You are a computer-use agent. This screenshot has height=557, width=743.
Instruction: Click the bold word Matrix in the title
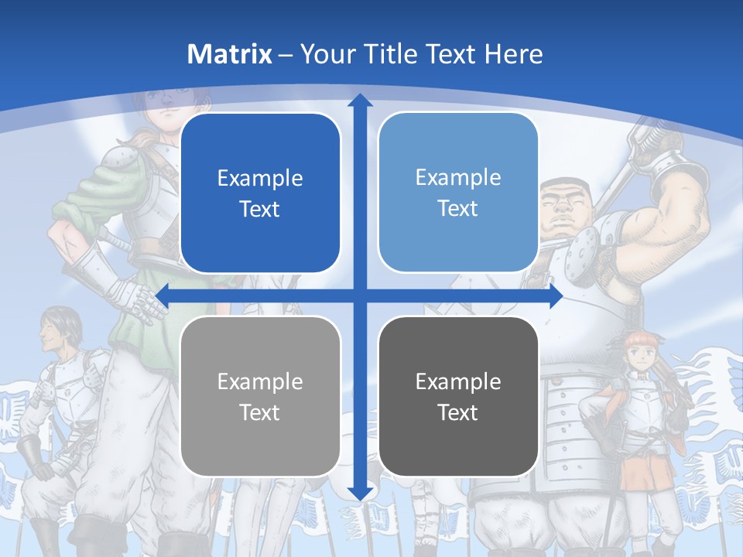230,54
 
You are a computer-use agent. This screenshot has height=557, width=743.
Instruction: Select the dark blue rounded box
260,193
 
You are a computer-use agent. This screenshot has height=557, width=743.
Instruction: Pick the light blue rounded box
458,193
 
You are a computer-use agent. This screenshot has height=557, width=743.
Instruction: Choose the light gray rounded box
260,396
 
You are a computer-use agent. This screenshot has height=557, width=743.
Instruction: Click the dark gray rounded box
458,396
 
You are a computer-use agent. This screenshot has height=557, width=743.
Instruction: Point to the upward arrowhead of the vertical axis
359,101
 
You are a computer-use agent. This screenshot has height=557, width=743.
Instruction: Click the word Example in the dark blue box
260,179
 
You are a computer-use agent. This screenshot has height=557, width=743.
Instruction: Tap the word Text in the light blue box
458,208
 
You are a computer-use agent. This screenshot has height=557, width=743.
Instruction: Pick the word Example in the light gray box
260,381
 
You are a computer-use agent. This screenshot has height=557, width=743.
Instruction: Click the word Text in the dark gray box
458,412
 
